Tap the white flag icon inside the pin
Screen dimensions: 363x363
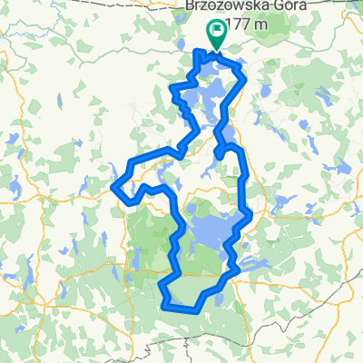[x=217, y=32]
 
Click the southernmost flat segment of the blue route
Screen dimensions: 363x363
[x=181, y=309]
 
